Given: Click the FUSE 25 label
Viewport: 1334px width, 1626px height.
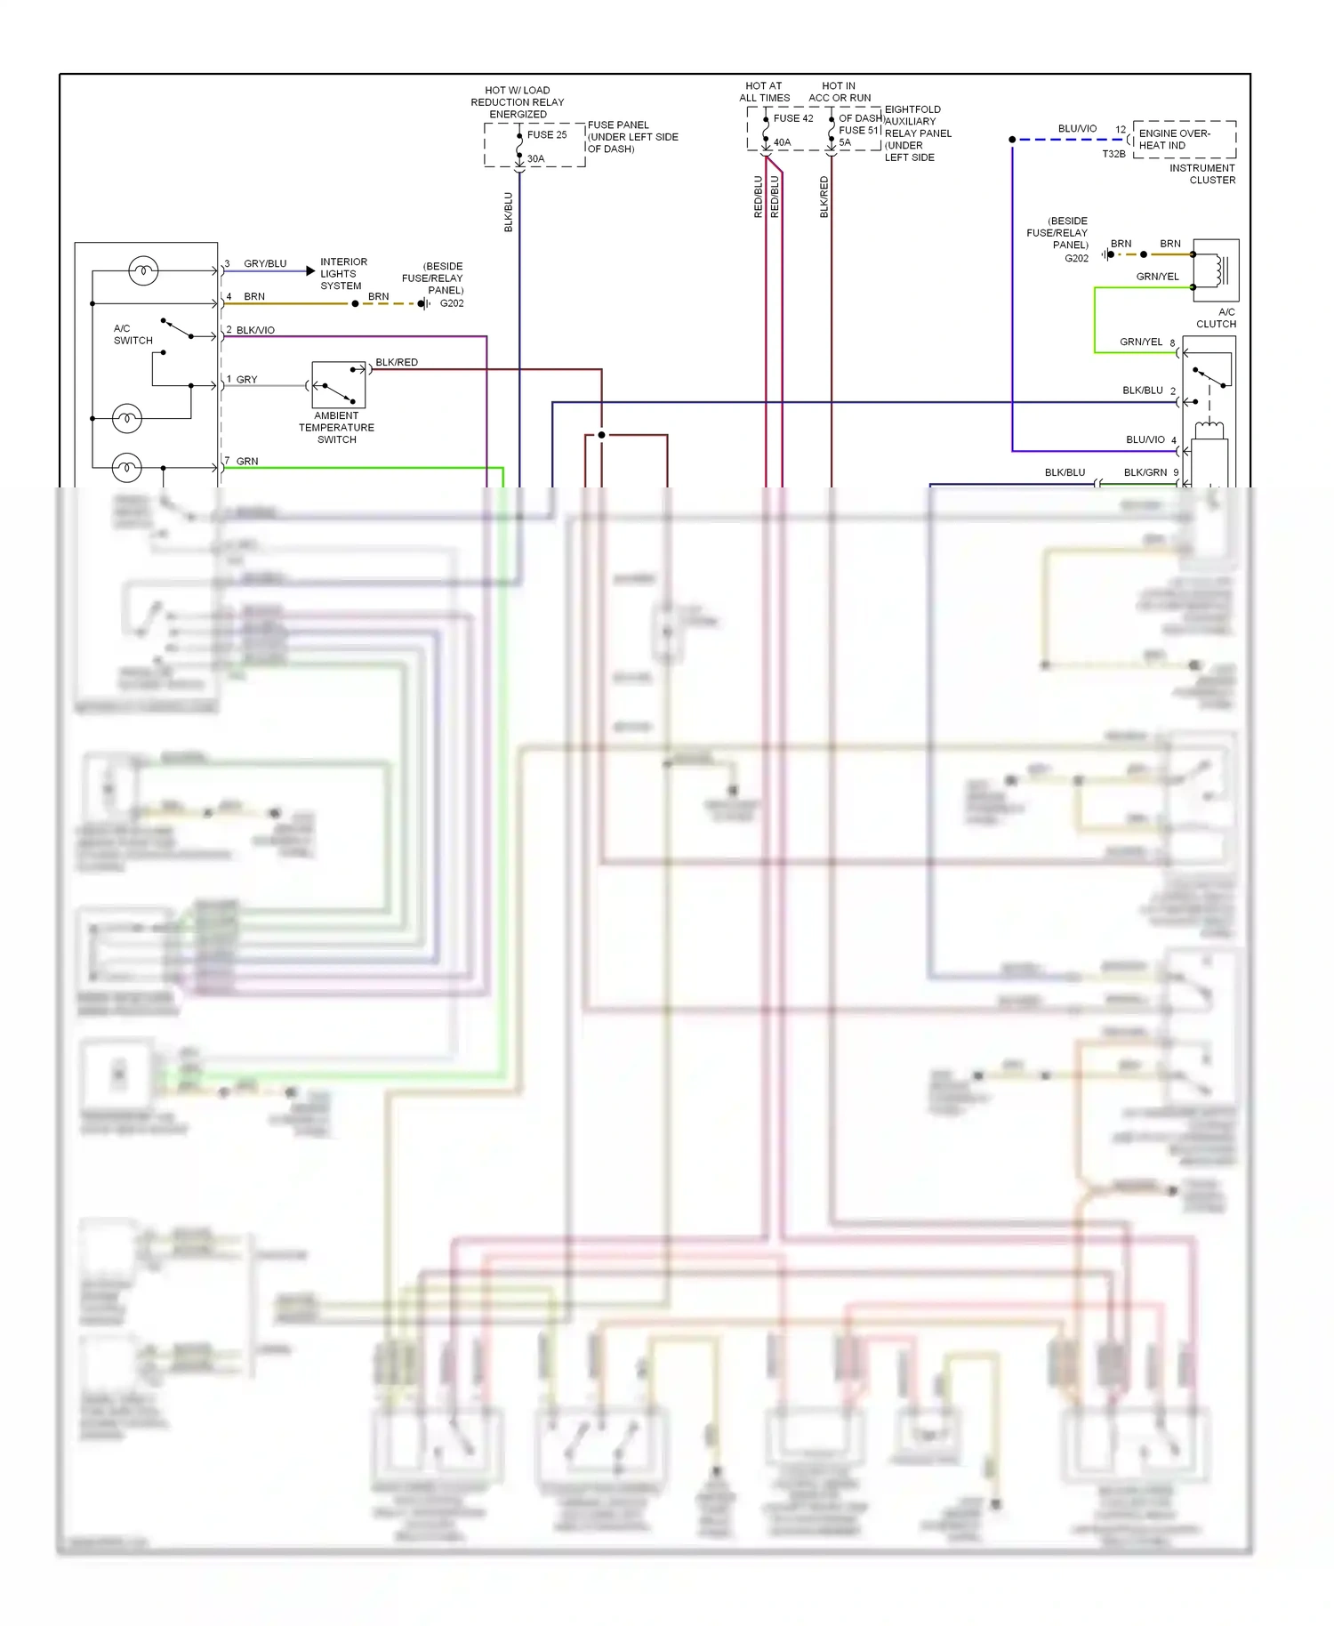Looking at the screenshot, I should [546, 135].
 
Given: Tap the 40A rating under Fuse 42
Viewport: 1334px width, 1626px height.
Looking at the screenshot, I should [782, 142].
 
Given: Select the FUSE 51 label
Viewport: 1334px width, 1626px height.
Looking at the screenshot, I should [858, 130].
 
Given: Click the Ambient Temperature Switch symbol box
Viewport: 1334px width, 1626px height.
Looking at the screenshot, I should [338, 385].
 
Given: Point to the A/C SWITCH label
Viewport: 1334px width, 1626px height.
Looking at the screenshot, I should [133, 334].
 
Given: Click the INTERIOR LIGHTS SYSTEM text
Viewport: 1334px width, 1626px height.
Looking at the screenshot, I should [342, 274].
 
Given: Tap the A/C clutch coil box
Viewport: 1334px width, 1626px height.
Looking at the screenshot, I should [1215, 270].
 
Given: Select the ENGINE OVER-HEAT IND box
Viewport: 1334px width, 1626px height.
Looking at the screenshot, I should [1184, 140].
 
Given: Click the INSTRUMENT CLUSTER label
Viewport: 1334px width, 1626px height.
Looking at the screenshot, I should [1202, 174].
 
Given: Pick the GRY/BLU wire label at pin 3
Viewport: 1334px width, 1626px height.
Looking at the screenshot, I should [265, 264].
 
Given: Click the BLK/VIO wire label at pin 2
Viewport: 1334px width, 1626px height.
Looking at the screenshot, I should [255, 330].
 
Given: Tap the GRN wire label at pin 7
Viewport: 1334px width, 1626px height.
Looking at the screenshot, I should [247, 462].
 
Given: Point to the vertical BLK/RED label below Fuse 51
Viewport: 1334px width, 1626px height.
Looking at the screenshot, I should [824, 197].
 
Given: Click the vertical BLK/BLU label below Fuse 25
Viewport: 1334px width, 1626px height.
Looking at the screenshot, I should [509, 213].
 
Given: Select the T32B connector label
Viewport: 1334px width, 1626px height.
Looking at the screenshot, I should [1113, 154].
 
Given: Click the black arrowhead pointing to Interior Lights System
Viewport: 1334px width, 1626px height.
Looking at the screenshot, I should [310, 270].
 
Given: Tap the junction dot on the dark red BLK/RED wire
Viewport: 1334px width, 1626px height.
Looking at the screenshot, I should [601, 435].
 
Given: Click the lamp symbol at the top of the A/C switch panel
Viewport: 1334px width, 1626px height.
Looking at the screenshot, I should [143, 270].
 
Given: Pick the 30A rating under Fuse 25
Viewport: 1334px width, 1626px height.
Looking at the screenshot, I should [535, 159].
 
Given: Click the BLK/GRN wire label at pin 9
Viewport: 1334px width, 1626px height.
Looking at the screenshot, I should [1145, 473].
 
